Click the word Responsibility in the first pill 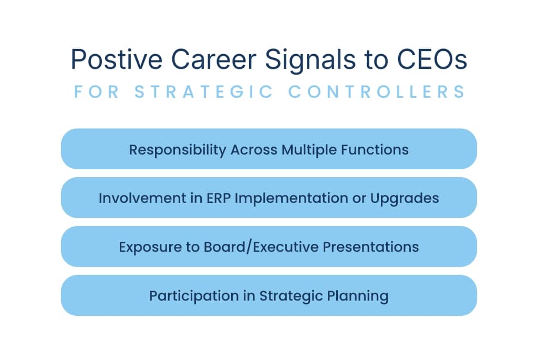tap(178, 150)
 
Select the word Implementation tap(284, 199)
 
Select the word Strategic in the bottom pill tap(289, 296)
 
